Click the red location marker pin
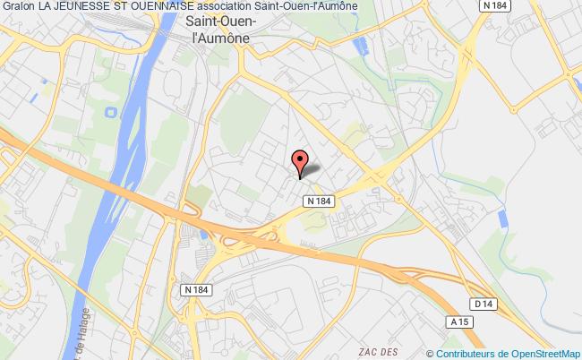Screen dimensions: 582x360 coord(301,161)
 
